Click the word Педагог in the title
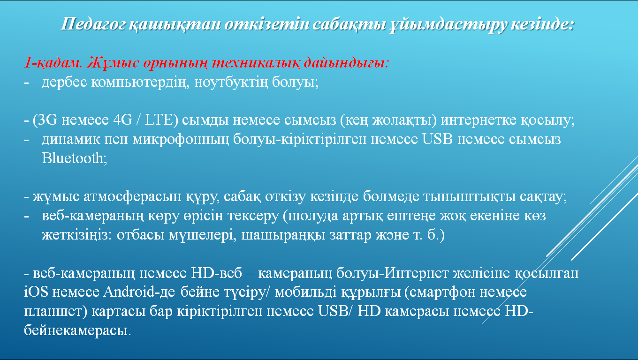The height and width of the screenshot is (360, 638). click(x=93, y=24)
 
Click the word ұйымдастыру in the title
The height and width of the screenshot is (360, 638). click(x=448, y=24)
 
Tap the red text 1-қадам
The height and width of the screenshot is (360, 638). click(x=53, y=63)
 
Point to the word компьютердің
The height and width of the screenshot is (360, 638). click(x=140, y=82)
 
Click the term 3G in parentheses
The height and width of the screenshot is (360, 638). click(x=47, y=120)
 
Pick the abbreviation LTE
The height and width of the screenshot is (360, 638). click(x=159, y=120)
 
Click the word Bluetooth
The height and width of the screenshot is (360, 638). click(x=73, y=158)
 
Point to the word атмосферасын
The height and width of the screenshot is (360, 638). click(x=132, y=197)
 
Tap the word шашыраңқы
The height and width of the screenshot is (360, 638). click(x=283, y=235)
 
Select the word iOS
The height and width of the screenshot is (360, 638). click(x=36, y=292)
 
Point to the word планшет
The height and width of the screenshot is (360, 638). click(x=53, y=311)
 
